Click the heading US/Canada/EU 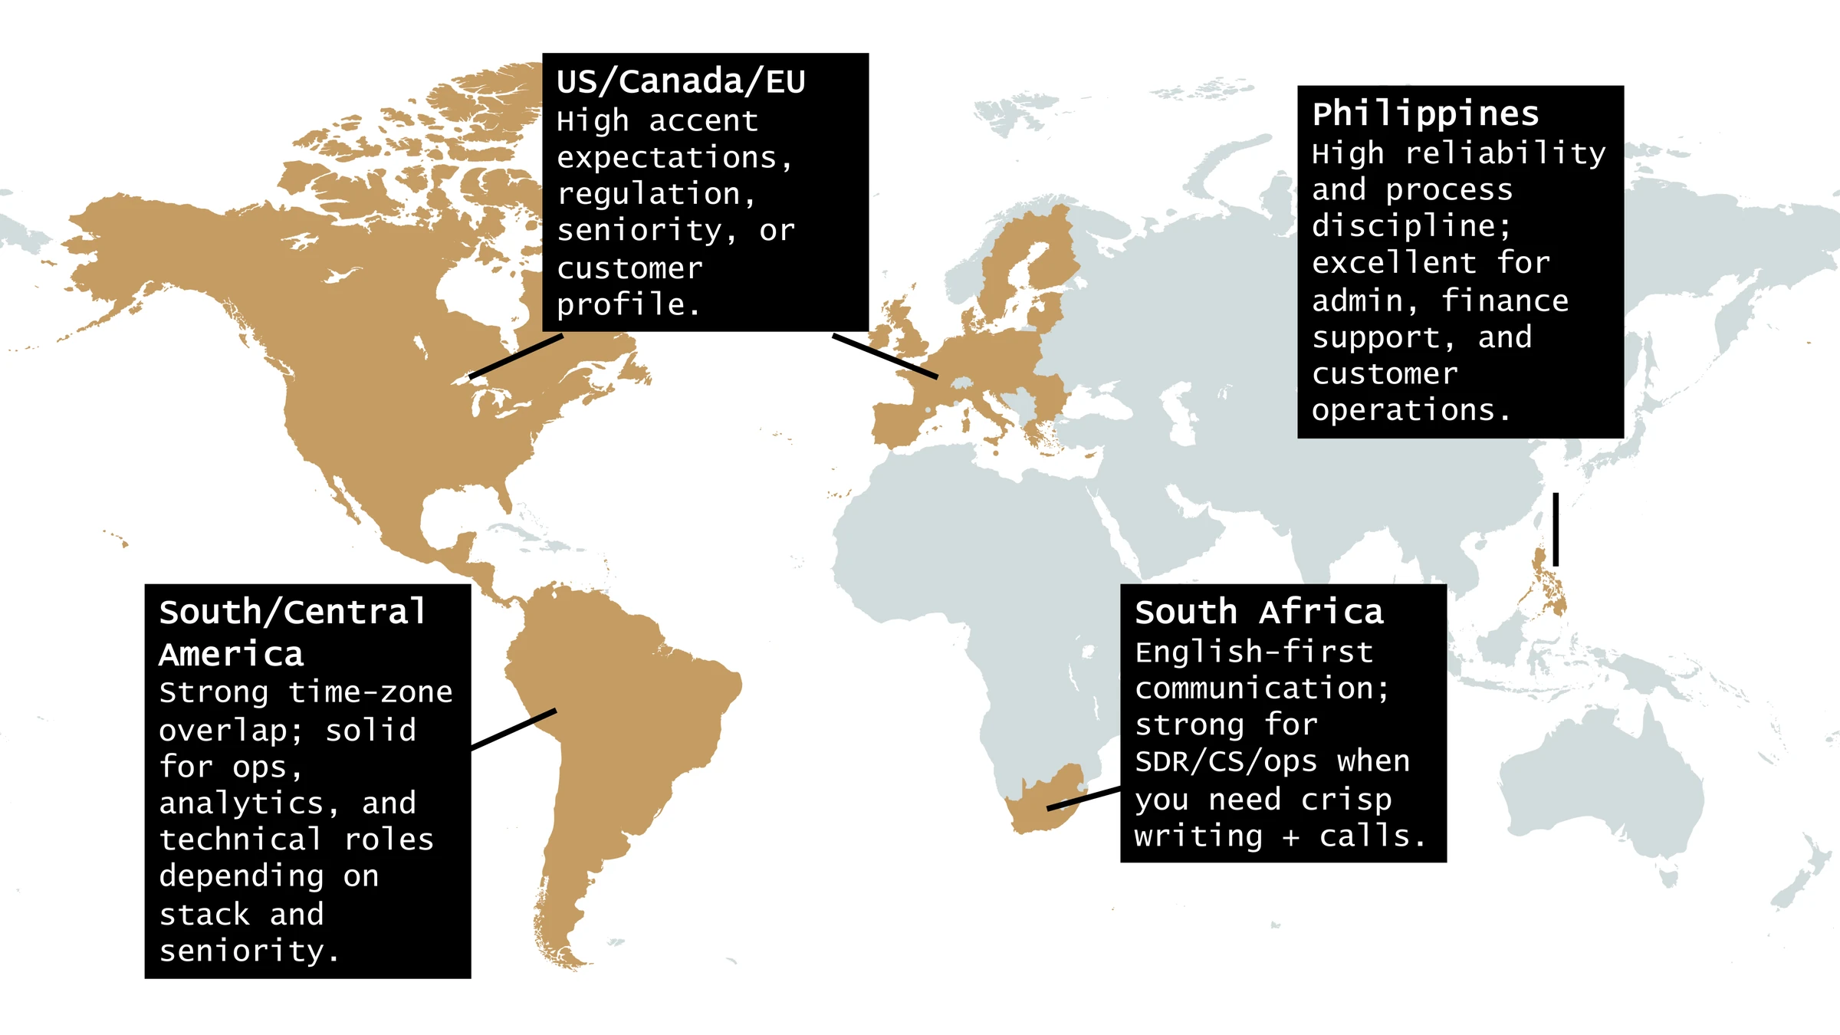point(681,81)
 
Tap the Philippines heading point(1425,114)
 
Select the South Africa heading point(1259,613)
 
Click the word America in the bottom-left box point(232,655)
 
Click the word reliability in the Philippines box point(1505,153)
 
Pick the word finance point(1505,301)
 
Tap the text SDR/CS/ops point(1226,761)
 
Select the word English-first point(1253,652)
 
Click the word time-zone point(370,692)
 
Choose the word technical point(240,839)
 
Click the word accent point(704,121)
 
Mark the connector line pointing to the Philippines point(1556,529)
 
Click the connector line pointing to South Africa point(1083,798)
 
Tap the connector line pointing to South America point(514,728)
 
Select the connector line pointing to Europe point(885,356)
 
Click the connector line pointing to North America point(516,356)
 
